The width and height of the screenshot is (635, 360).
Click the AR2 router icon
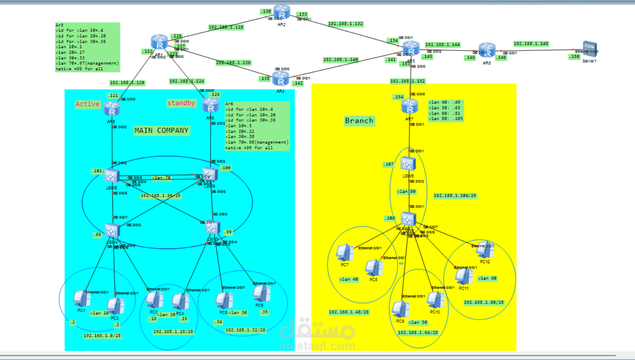[282, 12]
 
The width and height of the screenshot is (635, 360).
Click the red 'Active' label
[87, 104]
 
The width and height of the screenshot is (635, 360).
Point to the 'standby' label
[181, 103]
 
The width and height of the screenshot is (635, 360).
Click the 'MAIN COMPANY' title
[161, 131]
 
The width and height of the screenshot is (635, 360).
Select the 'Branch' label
[359, 121]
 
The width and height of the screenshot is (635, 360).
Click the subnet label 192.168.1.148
[531, 44]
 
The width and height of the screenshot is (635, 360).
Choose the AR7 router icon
[409, 107]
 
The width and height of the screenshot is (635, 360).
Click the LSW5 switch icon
[408, 164]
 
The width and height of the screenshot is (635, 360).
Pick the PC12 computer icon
[485, 250]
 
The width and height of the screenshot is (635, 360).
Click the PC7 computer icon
[344, 253]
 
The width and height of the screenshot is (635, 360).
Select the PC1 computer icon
[81, 298]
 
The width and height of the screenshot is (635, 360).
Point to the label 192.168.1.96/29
[160, 196]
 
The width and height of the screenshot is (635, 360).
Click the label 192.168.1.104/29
[455, 196]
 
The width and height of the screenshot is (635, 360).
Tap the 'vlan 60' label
[487, 278]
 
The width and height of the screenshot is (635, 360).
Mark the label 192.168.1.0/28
[102, 336]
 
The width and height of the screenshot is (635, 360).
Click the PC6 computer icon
[261, 294]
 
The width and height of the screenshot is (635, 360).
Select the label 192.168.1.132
[345, 24]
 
